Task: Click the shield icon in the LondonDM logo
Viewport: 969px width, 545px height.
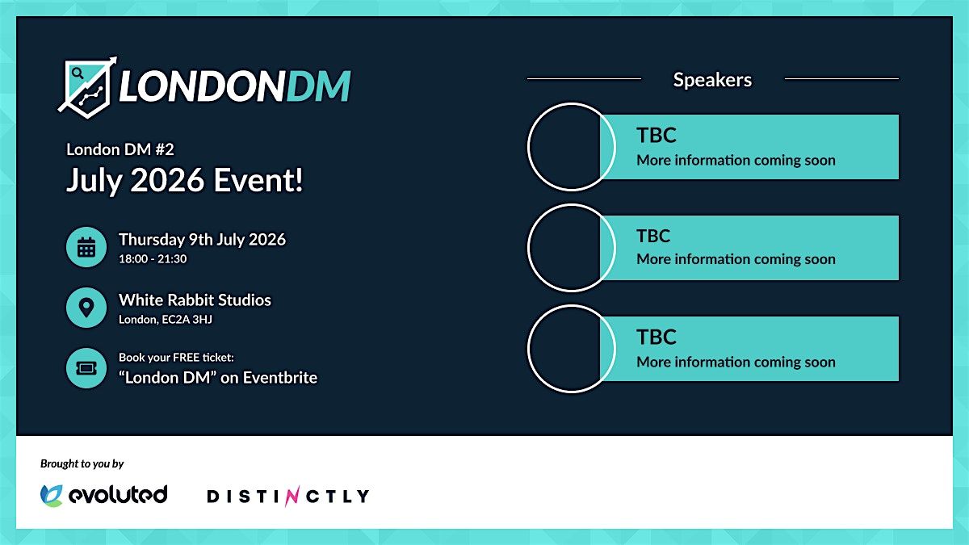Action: pos(87,88)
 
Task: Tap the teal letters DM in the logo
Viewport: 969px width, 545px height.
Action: pos(319,86)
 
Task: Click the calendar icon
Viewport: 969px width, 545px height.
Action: pos(86,247)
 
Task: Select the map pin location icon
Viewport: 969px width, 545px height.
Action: pos(86,308)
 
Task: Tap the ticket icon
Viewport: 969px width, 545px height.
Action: pos(86,368)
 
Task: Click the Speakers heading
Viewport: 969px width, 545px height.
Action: pos(712,80)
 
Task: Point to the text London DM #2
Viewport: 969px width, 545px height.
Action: pos(120,149)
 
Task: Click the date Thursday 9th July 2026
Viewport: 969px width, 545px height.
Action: pos(202,240)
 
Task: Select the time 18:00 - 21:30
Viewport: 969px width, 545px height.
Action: pos(153,258)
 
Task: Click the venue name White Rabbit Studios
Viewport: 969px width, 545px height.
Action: pos(195,300)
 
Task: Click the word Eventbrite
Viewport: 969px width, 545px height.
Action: pos(280,378)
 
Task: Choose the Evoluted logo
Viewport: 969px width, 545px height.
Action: pos(103,495)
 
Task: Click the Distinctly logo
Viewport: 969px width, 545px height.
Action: pos(288,496)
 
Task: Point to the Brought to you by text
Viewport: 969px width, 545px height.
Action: pos(82,463)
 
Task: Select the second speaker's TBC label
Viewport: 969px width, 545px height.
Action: pos(653,236)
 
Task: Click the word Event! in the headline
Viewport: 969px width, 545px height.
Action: pos(258,180)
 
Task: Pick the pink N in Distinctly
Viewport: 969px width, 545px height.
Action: pos(292,496)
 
